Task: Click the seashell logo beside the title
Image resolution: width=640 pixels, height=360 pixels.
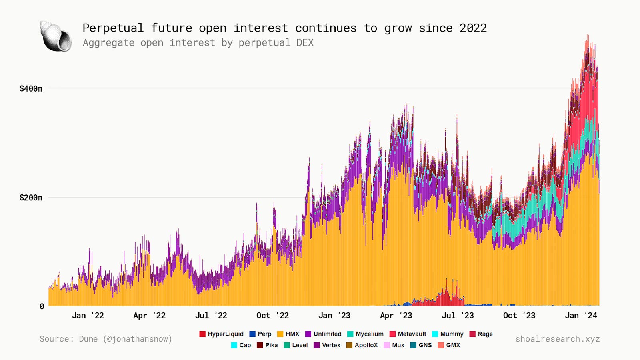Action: tap(56, 36)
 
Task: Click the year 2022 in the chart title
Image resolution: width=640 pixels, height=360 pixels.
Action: tap(473, 28)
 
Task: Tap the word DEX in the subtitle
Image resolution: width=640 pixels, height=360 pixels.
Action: tap(305, 43)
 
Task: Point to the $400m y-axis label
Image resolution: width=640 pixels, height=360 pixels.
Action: tap(31, 88)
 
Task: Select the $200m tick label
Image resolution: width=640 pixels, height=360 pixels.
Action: tap(31, 198)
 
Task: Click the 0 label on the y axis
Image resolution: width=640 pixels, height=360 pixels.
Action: tap(42, 306)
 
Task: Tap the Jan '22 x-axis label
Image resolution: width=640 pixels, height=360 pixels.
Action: tap(88, 316)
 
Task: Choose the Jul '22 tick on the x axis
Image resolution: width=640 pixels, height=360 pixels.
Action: tap(211, 316)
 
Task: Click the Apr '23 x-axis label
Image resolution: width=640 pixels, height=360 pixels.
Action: tap(396, 316)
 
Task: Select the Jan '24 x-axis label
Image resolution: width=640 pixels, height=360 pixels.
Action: tap(581, 316)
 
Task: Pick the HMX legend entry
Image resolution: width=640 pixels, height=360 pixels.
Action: tap(288, 334)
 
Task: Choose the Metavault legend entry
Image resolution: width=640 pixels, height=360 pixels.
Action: tap(408, 334)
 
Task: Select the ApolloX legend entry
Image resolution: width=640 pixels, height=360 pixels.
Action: tap(362, 345)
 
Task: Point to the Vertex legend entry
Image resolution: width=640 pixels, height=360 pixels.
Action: tap(327, 345)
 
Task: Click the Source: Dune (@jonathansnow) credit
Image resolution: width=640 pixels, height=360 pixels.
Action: tap(106, 339)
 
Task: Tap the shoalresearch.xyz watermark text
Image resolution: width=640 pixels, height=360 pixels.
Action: tap(557, 339)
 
